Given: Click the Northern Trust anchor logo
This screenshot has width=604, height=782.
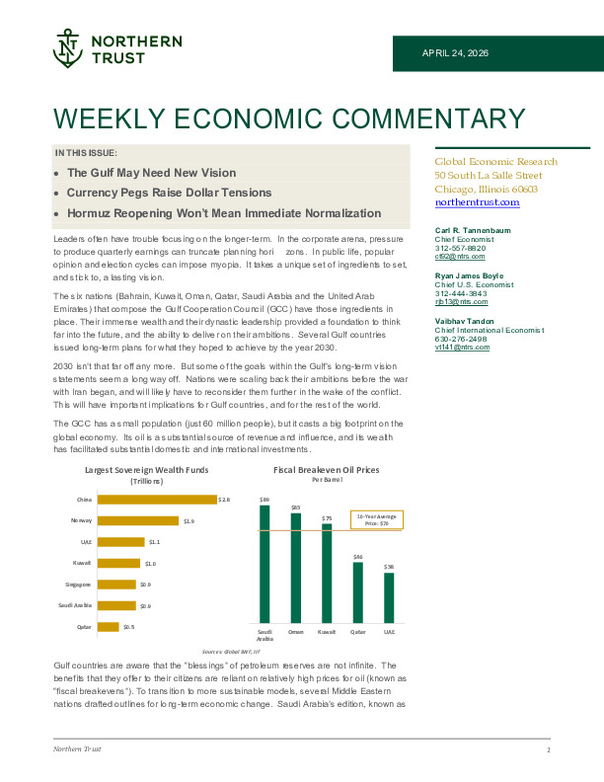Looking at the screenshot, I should pos(68,48).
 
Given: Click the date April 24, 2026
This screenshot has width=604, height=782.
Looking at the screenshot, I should pos(455,52).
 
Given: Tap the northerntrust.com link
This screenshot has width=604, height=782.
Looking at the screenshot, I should pos(477,202).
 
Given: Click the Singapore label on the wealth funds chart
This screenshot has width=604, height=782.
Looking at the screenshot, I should pos(78,585).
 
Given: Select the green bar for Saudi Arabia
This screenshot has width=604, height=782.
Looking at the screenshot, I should pos(264,563).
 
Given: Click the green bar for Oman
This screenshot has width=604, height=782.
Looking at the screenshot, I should pos(295,567).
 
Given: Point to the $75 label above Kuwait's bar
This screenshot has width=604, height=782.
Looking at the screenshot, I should pos(327,518).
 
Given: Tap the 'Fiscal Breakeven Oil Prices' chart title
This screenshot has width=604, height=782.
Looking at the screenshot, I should pos(326,470).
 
